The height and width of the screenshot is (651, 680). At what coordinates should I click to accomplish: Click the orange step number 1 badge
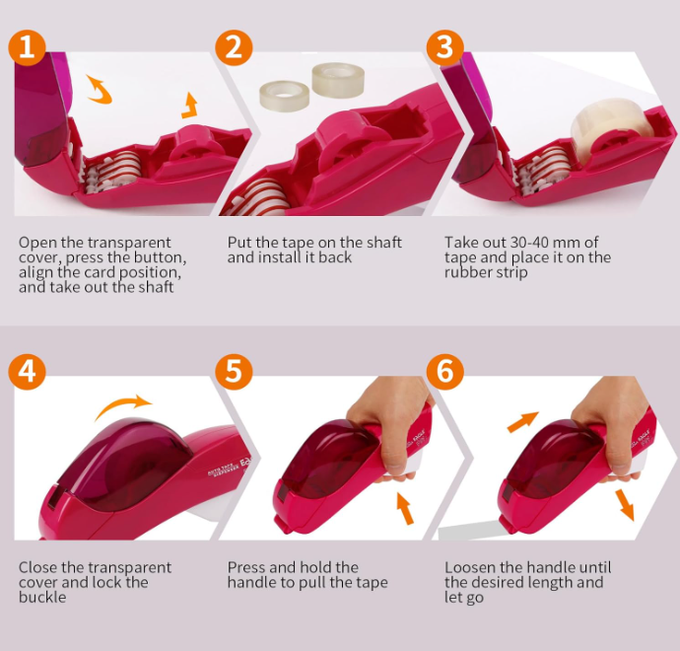coord(27,47)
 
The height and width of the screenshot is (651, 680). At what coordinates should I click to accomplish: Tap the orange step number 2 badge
coord(234,47)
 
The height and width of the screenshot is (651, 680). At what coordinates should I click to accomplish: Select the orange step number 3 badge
coord(444,47)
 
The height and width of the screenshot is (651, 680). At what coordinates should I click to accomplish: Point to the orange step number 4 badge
coord(27,372)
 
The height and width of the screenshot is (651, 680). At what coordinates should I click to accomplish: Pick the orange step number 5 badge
coord(234,372)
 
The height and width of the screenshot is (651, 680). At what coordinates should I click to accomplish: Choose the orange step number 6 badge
coord(444,372)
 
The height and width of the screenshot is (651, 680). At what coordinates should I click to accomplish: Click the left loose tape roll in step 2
coord(284,95)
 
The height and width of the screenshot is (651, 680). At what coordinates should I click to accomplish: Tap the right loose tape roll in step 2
coord(338,80)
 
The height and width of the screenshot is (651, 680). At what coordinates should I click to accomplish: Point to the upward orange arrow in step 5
coord(405,509)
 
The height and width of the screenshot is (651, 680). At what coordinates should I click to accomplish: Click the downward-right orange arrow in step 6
coord(626,505)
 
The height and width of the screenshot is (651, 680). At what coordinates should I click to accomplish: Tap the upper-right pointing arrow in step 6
coord(522,422)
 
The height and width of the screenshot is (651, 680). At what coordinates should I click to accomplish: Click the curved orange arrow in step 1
coord(100,89)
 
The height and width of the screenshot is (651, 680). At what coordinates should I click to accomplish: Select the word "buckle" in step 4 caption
coord(42,597)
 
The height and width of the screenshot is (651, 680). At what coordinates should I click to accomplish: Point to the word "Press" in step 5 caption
coord(246,567)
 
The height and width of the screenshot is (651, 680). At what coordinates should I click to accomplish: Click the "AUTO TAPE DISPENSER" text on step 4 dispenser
coord(224,470)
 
